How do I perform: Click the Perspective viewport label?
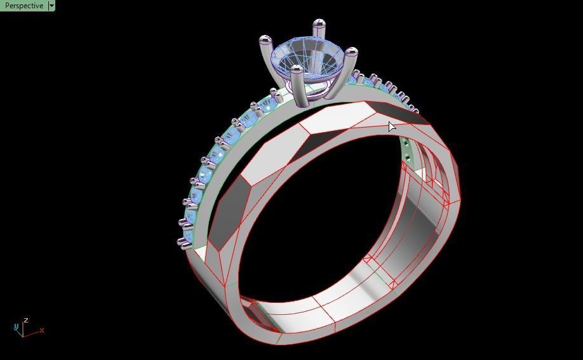click(23, 6)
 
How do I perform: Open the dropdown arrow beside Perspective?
click(51, 6)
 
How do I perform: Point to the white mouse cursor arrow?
click(391, 126)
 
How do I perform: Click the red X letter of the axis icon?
click(42, 330)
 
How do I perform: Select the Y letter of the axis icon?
click(16, 327)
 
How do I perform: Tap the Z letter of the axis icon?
click(25, 321)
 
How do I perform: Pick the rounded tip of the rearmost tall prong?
click(317, 24)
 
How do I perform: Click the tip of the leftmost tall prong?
click(263, 41)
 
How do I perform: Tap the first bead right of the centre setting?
click(358, 75)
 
